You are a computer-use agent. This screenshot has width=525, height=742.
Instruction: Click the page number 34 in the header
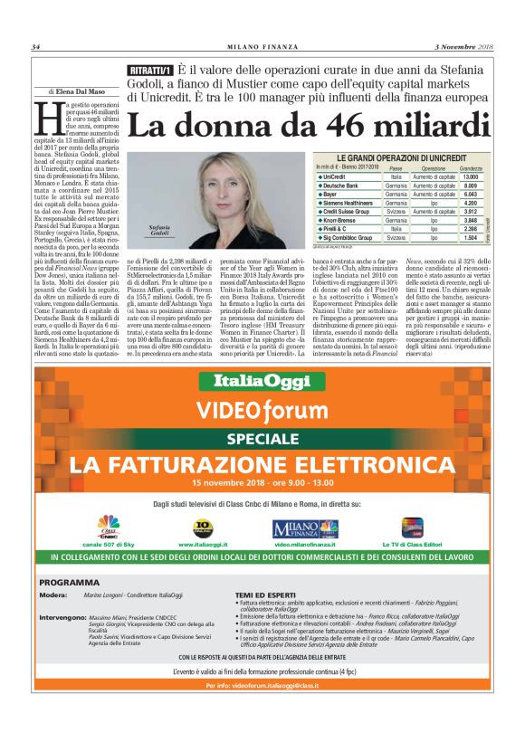[x=36, y=47]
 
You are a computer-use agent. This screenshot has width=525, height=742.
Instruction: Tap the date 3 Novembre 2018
[x=463, y=47]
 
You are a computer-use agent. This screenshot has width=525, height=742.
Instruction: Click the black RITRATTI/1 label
[x=149, y=71]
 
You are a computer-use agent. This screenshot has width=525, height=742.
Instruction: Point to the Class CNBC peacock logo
[x=109, y=524]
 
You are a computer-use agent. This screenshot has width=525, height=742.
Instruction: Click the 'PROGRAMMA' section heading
[x=70, y=582]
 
